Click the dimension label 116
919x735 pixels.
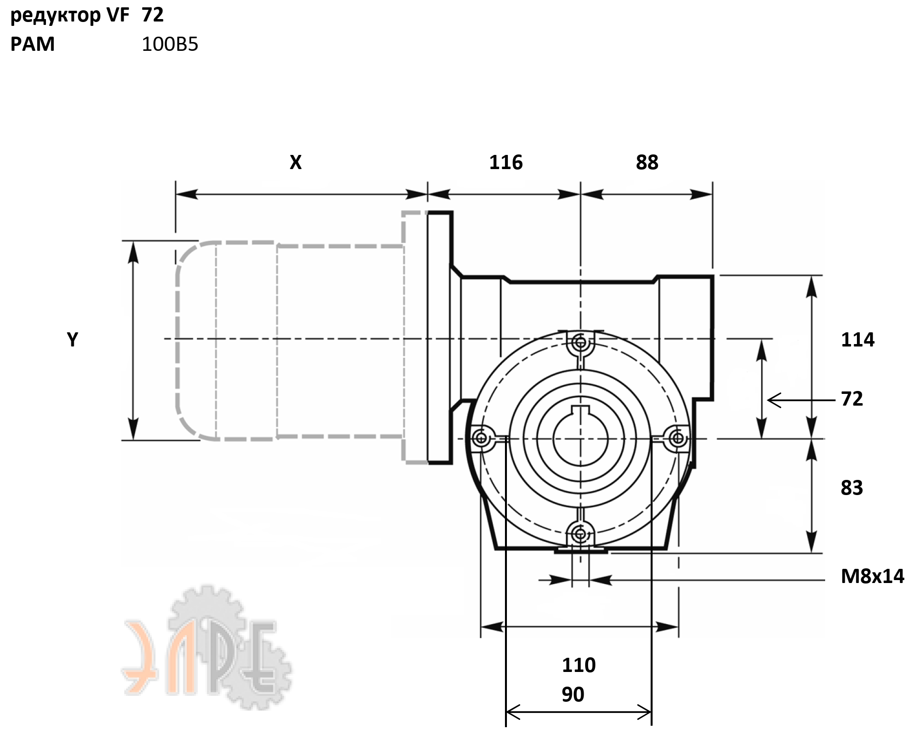(x=506, y=162)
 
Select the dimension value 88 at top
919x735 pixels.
(x=647, y=162)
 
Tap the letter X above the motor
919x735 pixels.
(x=296, y=162)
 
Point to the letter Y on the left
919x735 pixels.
(x=72, y=339)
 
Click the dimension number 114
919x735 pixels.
(x=857, y=340)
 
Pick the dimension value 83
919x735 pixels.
(x=852, y=488)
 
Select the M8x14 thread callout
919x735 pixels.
(x=872, y=576)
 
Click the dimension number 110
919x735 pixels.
(x=579, y=665)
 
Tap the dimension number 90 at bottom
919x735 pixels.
(x=573, y=694)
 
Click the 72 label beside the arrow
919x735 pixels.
(x=852, y=399)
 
